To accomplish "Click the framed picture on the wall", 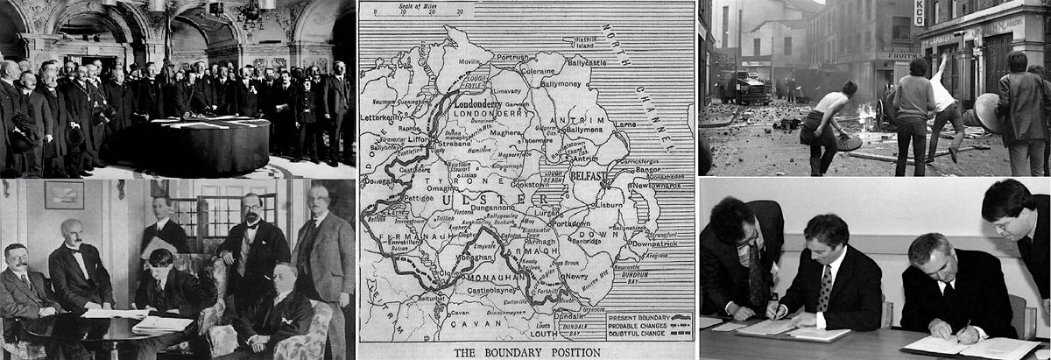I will [64, 194].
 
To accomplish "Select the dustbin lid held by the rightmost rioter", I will [988, 112].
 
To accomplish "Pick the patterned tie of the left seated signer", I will [824, 288].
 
